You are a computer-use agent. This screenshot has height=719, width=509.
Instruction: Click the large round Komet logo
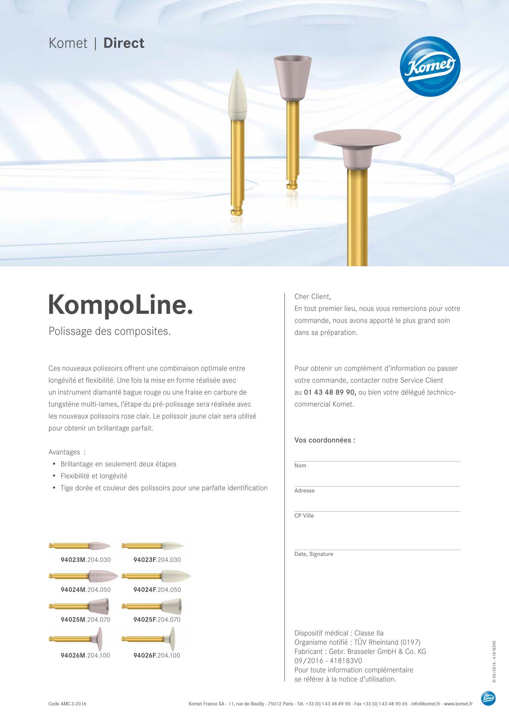coord(430,66)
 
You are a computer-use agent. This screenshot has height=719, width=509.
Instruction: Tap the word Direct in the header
coord(124,43)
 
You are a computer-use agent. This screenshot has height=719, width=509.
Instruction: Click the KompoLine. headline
coord(120,305)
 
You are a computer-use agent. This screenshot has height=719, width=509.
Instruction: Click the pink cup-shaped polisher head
coord(293,77)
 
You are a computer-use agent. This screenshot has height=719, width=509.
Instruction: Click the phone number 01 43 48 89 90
coord(330,392)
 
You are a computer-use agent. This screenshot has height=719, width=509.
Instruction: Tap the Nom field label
coord(300,466)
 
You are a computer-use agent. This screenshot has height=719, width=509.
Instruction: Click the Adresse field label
coord(304,491)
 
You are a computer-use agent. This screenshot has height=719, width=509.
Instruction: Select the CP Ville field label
coord(304,516)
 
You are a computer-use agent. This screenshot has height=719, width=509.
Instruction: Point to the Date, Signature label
coord(314,554)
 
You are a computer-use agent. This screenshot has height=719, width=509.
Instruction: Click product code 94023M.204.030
coord(85,560)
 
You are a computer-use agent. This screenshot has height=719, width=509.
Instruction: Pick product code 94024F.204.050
coord(157,590)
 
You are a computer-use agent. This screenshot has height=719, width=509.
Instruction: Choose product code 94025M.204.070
coord(85,619)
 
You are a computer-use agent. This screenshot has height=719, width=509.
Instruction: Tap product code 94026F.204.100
coord(157,655)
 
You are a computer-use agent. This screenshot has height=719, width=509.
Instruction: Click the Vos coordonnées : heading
coord(324,440)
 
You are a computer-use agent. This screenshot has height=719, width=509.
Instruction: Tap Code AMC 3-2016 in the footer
coord(67,704)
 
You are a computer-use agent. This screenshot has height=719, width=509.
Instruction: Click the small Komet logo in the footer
coord(488,698)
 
